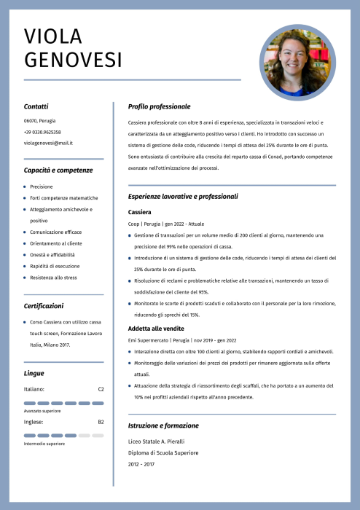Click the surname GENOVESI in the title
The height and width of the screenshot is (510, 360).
coord(73,60)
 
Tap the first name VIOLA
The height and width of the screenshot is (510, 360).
coord(53,36)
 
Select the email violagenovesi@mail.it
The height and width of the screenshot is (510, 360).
coord(48,143)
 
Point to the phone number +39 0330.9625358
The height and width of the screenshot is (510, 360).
coord(42,132)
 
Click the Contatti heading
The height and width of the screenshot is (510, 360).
coord(36,106)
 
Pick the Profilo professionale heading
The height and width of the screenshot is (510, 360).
coord(159,106)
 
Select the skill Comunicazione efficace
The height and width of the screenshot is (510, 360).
coord(55,232)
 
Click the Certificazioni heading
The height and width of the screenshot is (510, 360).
coord(43,307)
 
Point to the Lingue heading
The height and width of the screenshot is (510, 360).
coord(34,373)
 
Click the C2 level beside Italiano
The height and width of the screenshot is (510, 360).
coord(101,389)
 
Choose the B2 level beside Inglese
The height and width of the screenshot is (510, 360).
coord(101,422)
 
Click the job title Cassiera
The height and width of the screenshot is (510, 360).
coord(139,211)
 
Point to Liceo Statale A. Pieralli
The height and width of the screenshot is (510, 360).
coord(156,442)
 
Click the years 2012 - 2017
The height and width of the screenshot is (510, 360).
coord(141,463)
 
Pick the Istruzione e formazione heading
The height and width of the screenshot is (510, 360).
coord(163,425)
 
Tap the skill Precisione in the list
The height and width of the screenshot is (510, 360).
coord(42,187)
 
